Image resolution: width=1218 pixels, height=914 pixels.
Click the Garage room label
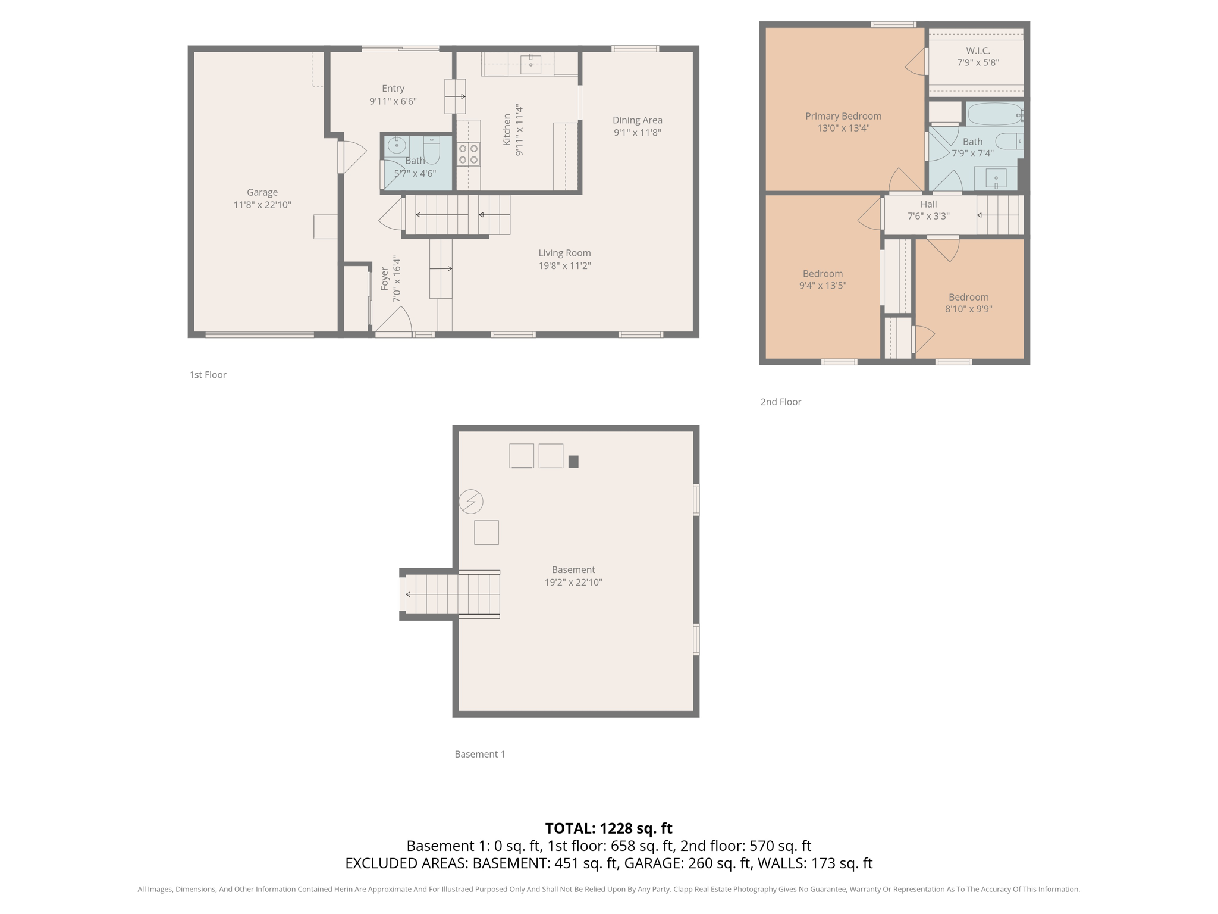click(x=262, y=192)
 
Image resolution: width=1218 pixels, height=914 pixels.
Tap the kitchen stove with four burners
click(x=468, y=154)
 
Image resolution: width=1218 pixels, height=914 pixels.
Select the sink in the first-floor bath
click(x=396, y=145)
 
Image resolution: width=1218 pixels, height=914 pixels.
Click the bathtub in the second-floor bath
click(x=994, y=114)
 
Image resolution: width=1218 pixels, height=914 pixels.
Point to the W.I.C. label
click(x=978, y=51)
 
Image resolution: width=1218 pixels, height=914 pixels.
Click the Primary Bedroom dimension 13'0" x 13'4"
click(x=843, y=128)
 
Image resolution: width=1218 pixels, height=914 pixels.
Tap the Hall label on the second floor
click(x=928, y=204)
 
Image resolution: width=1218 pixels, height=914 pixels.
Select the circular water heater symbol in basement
click(x=471, y=501)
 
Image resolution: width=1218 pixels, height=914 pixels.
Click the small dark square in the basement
click(x=573, y=461)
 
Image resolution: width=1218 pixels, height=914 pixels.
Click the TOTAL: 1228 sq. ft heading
click(x=608, y=828)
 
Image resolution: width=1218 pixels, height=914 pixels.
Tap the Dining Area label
click(x=637, y=120)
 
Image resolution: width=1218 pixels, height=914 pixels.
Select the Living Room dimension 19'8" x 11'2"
click(x=564, y=265)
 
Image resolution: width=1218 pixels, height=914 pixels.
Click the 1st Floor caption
click(x=208, y=374)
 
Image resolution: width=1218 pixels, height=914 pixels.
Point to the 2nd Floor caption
click(x=780, y=402)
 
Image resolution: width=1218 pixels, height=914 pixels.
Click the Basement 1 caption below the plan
click(x=479, y=754)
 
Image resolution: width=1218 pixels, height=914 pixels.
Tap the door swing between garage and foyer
click(x=354, y=156)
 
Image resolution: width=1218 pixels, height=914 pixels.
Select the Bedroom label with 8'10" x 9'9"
click(x=968, y=297)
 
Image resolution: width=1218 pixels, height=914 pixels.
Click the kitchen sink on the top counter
click(x=530, y=63)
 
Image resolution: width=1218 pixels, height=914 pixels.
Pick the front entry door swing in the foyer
click(x=394, y=320)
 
